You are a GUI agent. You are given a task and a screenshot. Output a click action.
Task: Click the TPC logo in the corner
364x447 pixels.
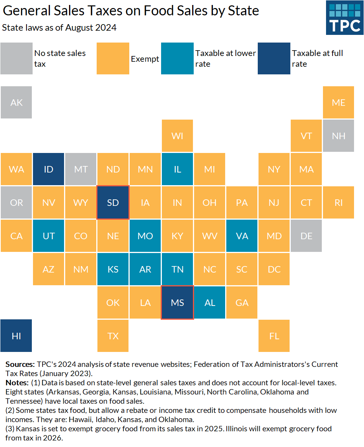pyautogui.click(x=344, y=18)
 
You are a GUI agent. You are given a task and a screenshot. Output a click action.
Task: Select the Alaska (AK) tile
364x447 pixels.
pyautogui.click(x=16, y=102)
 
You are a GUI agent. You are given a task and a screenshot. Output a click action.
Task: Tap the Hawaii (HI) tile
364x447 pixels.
pyautogui.click(x=16, y=336)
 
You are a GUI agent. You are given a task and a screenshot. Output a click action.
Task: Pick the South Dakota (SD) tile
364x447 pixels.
pyautogui.click(x=113, y=202)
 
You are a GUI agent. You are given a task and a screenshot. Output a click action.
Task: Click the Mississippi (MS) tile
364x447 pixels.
pyautogui.click(x=177, y=302)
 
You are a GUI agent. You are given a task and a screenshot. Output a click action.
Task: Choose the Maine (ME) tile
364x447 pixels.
pyautogui.click(x=338, y=102)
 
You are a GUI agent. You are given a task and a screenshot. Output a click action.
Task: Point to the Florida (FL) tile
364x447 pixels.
pyautogui.click(x=274, y=336)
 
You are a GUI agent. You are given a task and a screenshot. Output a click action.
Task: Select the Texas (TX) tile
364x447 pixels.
pyautogui.click(x=113, y=336)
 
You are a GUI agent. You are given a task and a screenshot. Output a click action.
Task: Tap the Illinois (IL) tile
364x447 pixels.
pyautogui.click(x=177, y=169)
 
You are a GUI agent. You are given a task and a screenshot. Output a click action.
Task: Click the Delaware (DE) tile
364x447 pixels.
pyautogui.click(x=306, y=236)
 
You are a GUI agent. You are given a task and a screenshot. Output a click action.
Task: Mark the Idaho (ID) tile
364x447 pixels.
pyautogui.click(x=48, y=169)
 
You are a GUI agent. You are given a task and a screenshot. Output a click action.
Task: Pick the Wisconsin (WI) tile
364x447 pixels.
pyautogui.click(x=177, y=136)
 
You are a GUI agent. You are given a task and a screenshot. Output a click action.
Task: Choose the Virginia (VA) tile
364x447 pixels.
pyautogui.click(x=242, y=236)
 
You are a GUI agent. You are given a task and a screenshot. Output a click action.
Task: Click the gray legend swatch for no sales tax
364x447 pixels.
pyautogui.click(x=16, y=58)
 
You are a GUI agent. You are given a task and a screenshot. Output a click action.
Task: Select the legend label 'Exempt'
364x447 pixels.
pyautogui.click(x=145, y=59)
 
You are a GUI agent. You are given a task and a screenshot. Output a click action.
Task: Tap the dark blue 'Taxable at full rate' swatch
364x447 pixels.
pyautogui.click(x=274, y=58)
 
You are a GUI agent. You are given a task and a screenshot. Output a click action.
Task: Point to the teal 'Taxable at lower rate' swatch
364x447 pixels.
pyautogui.click(x=177, y=58)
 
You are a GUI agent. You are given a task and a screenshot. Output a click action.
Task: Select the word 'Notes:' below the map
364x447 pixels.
pyautogui.click(x=17, y=383)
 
